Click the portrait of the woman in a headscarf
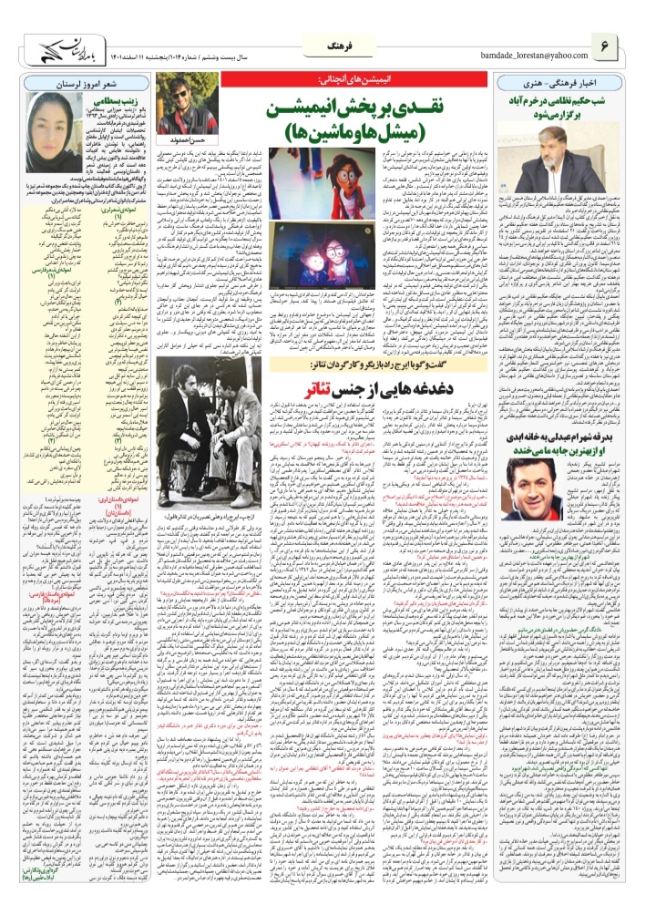(x=59, y=123)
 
